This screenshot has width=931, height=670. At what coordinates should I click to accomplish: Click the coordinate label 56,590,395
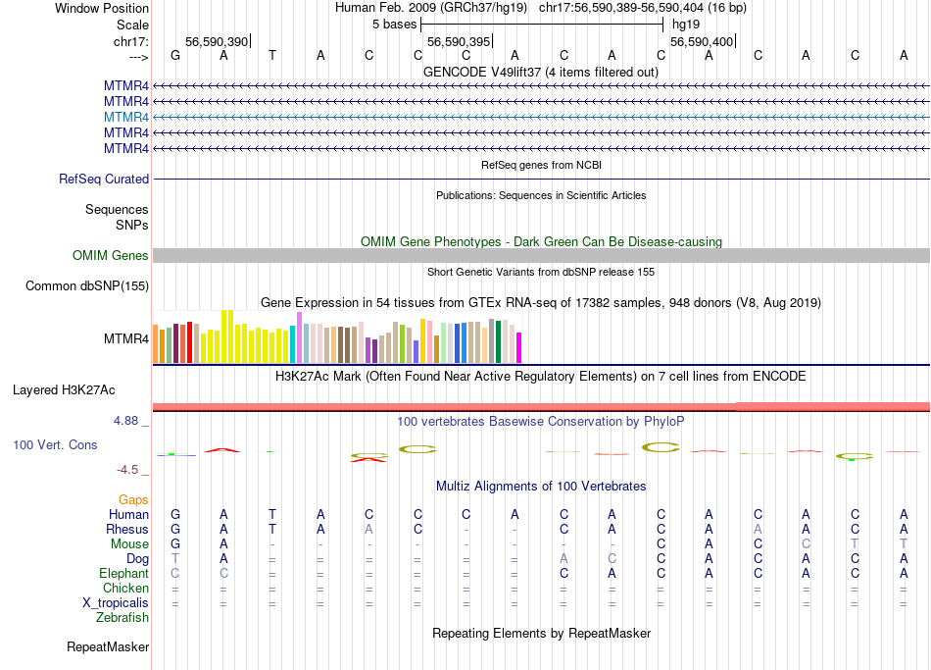(458, 41)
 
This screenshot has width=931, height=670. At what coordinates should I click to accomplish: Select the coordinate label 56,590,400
(701, 41)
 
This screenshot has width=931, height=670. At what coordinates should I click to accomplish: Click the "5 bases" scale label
(394, 25)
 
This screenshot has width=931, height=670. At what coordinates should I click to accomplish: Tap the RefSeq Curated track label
(104, 180)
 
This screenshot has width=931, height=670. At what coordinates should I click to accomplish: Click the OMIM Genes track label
(111, 256)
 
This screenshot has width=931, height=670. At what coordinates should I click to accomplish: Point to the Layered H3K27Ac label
(64, 390)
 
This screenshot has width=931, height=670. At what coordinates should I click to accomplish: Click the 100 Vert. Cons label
(55, 445)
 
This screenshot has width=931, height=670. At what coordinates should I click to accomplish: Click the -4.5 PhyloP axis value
(131, 470)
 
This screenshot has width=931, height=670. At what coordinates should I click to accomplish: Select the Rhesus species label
(127, 530)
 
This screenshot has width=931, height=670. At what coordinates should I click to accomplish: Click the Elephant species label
(124, 574)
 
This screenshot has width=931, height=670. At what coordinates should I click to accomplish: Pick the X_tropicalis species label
(117, 603)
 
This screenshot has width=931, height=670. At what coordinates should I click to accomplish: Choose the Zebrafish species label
(122, 618)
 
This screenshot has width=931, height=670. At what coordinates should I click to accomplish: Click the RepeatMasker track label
(108, 647)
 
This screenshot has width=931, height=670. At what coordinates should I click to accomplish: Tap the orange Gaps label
(133, 500)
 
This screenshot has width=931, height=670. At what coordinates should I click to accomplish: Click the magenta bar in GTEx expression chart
(519, 347)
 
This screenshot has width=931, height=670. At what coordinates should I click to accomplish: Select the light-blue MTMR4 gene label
(126, 117)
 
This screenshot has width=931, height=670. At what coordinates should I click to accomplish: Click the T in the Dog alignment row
(175, 559)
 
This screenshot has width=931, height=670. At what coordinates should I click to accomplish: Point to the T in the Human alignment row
(272, 515)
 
